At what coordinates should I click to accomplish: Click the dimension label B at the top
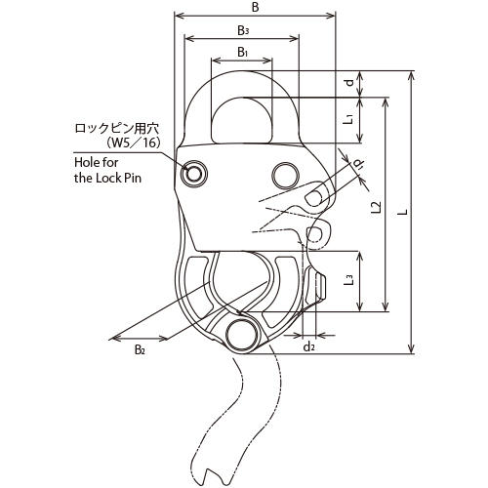click(x=256, y=7)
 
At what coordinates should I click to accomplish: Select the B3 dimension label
click(x=243, y=30)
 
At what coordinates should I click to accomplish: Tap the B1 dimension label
click(x=243, y=52)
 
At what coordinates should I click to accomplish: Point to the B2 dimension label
click(x=140, y=349)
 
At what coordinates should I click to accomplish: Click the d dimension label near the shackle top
click(x=349, y=83)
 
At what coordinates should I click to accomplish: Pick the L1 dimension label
click(x=349, y=119)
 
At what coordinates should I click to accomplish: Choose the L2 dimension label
click(x=376, y=207)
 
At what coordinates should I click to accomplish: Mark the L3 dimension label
click(x=348, y=280)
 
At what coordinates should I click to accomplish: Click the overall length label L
click(x=403, y=212)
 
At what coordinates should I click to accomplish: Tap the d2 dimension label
click(x=308, y=347)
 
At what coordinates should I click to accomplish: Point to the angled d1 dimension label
click(x=358, y=164)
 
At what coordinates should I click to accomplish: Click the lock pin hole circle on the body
click(x=194, y=174)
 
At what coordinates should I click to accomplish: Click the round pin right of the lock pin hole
click(x=285, y=176)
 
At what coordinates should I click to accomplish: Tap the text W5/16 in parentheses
click(x=134, y=143)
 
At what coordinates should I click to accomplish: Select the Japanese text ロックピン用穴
click(x=117, y=129)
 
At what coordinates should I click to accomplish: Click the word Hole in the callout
click(x=86, y=162)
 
